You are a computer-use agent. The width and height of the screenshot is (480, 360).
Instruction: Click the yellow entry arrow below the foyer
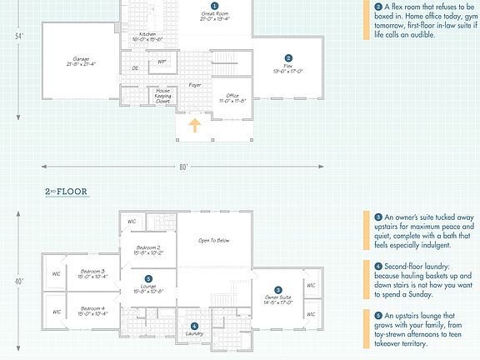pos(194,126)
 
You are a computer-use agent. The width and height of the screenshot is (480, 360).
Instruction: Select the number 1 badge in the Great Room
pos(214,6)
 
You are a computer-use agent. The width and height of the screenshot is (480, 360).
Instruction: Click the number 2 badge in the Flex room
pos(287,57)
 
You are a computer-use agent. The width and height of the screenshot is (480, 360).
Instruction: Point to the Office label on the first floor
pos(232,97)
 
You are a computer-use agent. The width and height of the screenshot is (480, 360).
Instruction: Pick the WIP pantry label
pos(162,62)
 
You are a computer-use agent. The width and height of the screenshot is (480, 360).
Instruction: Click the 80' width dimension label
pos(183,167)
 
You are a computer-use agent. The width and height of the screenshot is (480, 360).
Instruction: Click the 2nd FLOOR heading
pos(67,192)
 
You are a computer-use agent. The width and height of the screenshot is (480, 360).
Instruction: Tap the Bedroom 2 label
pos(147,248)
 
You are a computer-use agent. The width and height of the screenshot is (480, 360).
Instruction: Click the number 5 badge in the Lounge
pos(148,279)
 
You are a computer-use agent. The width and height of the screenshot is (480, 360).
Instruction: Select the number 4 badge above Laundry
pos(194,326)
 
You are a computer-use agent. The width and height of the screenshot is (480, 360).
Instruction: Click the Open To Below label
pos(214,241)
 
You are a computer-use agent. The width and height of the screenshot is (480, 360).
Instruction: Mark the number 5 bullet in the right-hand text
pos(377,316)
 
